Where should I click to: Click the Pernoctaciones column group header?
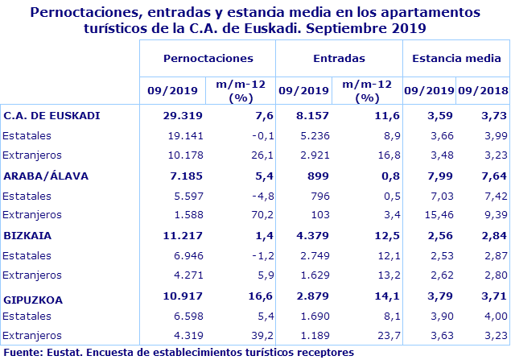click(208, 59)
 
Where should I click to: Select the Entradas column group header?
click(338, 59)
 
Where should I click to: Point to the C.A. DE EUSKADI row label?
click(52, 115)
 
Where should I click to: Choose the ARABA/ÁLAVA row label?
click(46, 176)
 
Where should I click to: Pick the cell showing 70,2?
click(252, 215)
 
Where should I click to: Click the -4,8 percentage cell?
click(251, 196)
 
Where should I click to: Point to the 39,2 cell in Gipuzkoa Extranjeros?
click(252, 335)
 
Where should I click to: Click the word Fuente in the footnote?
click(22, 352)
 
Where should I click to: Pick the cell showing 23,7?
click(380, 335)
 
